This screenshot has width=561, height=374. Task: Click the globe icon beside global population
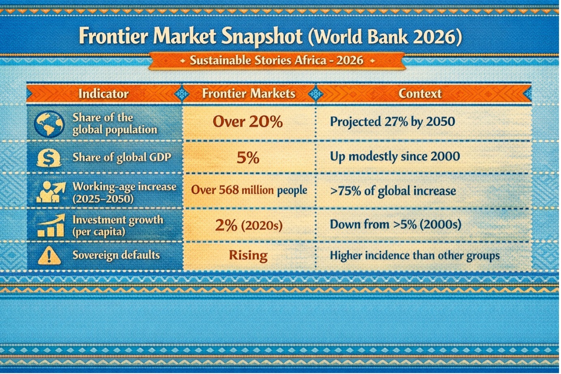[x=49, y=124]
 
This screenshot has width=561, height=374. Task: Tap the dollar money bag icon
[x=49, y=158]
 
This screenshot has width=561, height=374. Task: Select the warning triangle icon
[x=49, y=255]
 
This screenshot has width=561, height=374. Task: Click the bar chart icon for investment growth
[x=51, y=225]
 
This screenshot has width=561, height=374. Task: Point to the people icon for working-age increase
[x=51, y=192]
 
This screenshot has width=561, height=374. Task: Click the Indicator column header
[x=103, y=94]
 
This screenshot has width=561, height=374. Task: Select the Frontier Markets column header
[x=249, y=94]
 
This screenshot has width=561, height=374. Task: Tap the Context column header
[x=420, y=94]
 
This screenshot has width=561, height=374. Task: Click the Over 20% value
[x=248, y=122]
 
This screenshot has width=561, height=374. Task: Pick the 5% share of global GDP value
[x=248, y=158]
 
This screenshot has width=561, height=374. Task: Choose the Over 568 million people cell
[x=249, y=190]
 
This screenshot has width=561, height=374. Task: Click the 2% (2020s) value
[x=249, y=225]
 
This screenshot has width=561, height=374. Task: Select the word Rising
[x=248, y=256]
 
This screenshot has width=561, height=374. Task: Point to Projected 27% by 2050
[x=392, y=122]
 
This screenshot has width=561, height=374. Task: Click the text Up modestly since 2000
[x=395, y=157]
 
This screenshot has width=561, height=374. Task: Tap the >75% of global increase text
[x=393, y=191]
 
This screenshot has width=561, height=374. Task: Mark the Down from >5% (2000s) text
[x=396, y=224]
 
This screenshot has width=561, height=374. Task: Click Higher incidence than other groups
[x=415, y=256]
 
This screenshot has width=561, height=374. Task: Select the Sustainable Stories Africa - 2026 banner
[x=277, y=61]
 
